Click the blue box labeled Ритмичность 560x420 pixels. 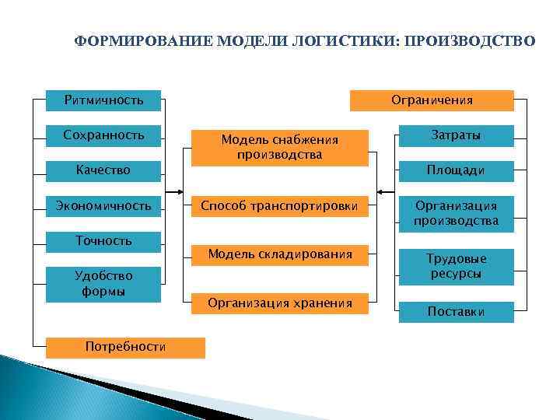103,100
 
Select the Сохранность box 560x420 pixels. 103,135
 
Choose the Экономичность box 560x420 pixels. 103,206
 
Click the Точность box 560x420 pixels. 103,241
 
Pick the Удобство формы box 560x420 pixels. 103,284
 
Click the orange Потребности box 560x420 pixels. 125,347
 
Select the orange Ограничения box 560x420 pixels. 432,100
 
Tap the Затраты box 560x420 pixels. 456,135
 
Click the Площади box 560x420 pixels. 456,170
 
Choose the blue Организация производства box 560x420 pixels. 456,213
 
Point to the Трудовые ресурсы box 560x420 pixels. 456,266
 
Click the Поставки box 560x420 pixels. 456,312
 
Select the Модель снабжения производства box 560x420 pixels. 280,147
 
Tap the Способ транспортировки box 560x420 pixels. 280,207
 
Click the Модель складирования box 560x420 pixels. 280,254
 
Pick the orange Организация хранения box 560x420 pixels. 280,303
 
